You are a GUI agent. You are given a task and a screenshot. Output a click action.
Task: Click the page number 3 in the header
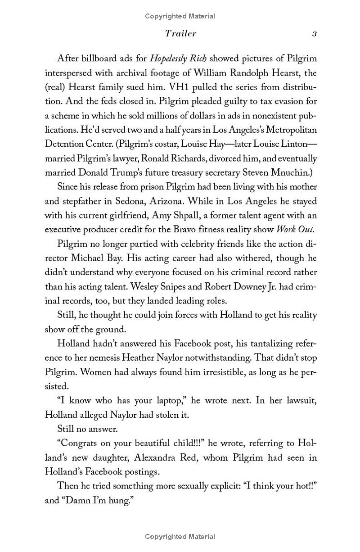tap(315, 34)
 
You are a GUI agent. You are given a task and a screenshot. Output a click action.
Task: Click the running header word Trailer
tap(180, 34)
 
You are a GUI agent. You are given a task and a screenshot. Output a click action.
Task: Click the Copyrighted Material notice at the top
tap(180, 16)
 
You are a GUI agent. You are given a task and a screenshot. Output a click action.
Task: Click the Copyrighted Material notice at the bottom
tap(180, 536)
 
